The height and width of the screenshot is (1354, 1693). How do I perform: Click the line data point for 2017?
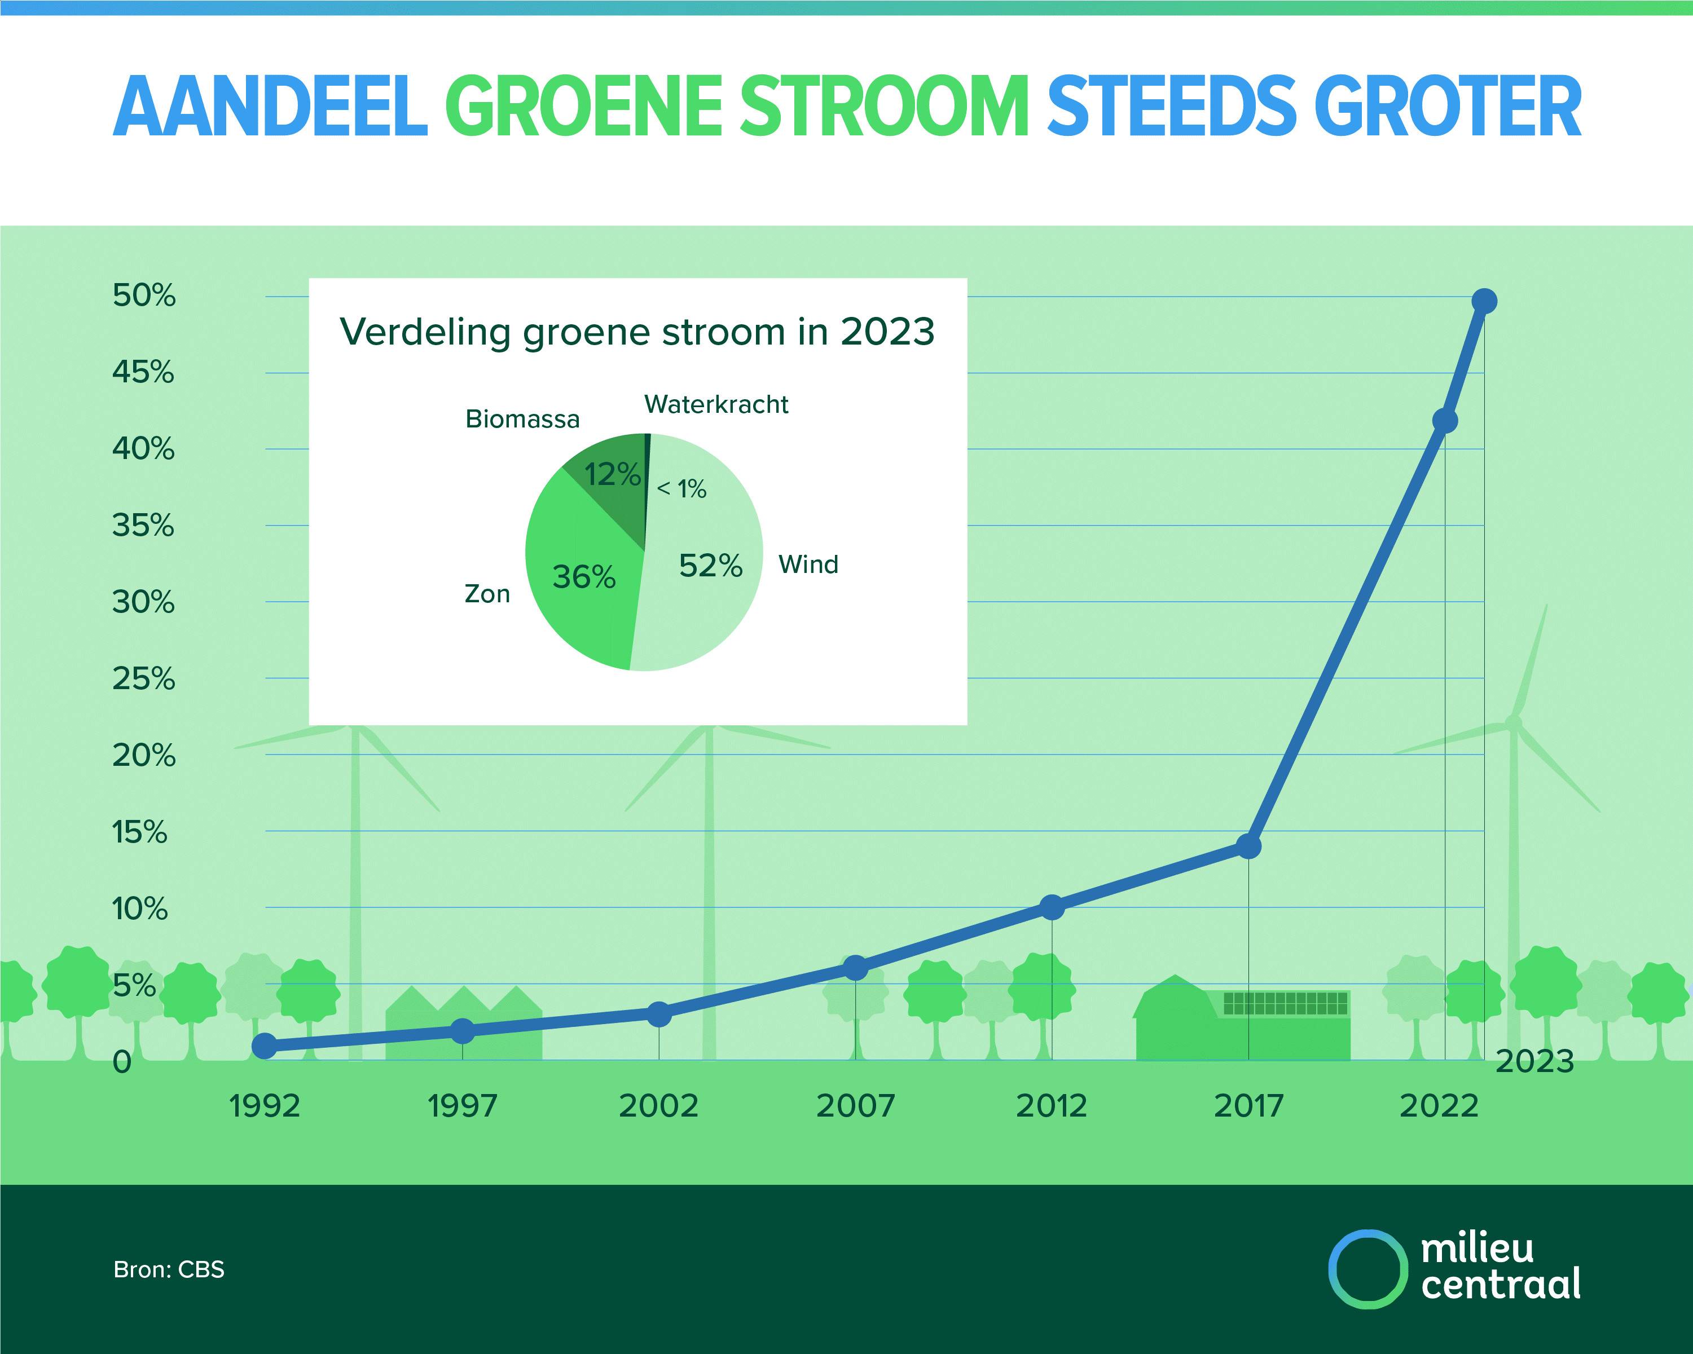coord(1248,846)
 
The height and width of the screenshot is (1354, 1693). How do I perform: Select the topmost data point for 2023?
coord(1484,301)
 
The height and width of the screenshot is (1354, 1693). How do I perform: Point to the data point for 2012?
coord(1052,907)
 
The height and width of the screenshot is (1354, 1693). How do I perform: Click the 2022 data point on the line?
coord(1445,421)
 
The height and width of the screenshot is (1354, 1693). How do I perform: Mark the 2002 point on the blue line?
coord(659,1014)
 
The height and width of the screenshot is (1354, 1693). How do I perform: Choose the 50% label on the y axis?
coord(144,296)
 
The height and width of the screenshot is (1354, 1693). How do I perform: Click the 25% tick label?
coord(144,679)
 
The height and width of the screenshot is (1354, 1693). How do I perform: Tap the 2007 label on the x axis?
coord(855,1106)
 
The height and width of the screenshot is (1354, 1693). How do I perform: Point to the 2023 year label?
coord(1535,1061)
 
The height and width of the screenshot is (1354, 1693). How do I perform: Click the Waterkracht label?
coord(716,404)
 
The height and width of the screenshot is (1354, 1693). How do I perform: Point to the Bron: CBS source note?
coord(169,1269)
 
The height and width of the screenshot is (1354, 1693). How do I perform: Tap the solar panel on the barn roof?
coord(1286,1003)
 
